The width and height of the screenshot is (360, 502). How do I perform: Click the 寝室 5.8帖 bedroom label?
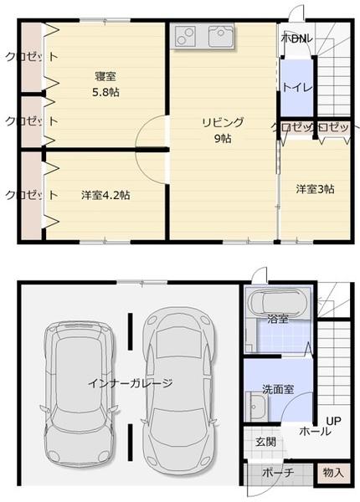click(105, 85)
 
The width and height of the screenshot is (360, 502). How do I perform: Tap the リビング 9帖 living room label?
click(222, 130)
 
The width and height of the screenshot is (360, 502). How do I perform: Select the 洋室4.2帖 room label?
click(105, 195)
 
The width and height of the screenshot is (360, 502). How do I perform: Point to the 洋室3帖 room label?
click(315, 189)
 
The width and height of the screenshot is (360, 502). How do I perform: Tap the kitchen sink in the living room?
click(221, 36)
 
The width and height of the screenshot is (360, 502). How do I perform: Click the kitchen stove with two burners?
click(185, 36)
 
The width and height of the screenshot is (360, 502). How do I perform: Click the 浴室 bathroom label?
click(278, 319)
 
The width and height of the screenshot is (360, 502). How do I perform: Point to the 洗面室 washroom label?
click(277, 389)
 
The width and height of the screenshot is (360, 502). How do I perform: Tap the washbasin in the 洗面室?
click(258, 411)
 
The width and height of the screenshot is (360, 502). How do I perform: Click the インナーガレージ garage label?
click(130, 383)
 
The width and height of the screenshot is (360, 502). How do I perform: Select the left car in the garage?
click(78, 389)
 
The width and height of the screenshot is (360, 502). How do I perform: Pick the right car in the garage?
click(176, 385)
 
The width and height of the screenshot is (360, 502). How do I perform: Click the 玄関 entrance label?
click(265, 441)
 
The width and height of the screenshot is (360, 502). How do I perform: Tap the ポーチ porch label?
click(277, 473)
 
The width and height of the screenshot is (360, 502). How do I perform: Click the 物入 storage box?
click(333, 473)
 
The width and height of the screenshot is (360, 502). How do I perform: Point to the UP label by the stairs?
click(333, 420)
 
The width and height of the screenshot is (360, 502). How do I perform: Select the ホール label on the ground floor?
click(315, 433)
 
